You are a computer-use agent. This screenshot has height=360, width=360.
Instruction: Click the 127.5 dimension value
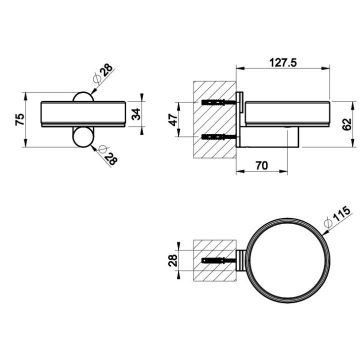coord(283,62)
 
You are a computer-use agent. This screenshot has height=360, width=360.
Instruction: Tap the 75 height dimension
coord(19,119)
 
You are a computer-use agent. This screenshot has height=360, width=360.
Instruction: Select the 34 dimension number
coord(136,114)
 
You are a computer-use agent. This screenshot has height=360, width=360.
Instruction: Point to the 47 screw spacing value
coord(173,119)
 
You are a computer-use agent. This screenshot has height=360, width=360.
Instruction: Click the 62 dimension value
coord(346,124)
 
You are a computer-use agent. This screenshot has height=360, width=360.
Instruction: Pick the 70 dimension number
coord(261,165)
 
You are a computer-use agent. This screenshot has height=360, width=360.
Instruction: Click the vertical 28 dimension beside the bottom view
coord(173,260)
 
